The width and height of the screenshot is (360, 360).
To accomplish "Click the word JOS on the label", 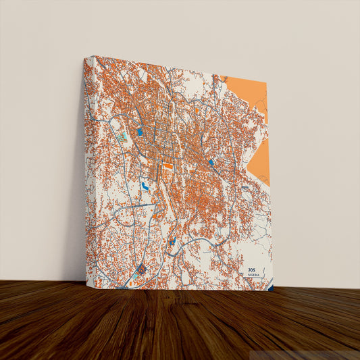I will (x=252, y=269).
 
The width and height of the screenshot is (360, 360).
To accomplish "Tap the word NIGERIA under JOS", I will (x=253, y=276).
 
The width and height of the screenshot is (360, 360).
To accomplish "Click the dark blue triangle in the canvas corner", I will (x=270, y=288).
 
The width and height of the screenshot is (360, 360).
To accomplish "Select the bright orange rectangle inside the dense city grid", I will (x=168, y=165).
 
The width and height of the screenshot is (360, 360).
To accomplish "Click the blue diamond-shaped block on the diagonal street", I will (x=211, y=162).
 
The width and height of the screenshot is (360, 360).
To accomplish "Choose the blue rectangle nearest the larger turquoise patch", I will (x=140, y=132).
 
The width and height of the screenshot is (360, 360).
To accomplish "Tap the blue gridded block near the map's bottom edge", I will (x=141, y=271).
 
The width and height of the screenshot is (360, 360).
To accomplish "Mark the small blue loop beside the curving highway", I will (x=173, y=240).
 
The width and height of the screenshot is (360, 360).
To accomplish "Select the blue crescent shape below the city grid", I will (x=145, y=185).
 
